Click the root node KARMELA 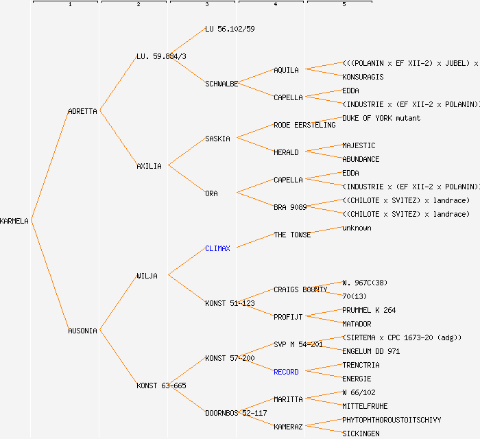(x=14, y=221)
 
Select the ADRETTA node (x=82, y=111)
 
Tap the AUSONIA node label (x=82, y=331)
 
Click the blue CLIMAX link (x=217, y=248)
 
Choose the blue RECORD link (x=286, y=372)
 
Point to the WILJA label (x=147, y=276)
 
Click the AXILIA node (x=149, y=166)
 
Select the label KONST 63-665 (x=161, y=385)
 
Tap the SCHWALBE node (x=221, y=84)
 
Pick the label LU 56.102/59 (x=230, y=29)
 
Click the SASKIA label (x=217, y=139)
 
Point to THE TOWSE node (x=292, y=235)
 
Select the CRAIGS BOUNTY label (x=300, y=289)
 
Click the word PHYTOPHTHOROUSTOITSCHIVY (x=392, y=420)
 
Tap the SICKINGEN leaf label (x=361, y=434)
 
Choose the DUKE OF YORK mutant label (x=381, y=118)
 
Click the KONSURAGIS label (x=363, y=77)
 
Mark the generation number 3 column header (x=206, y=5)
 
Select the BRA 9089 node (x=290, y=207)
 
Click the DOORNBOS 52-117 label (x=236, y=413)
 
